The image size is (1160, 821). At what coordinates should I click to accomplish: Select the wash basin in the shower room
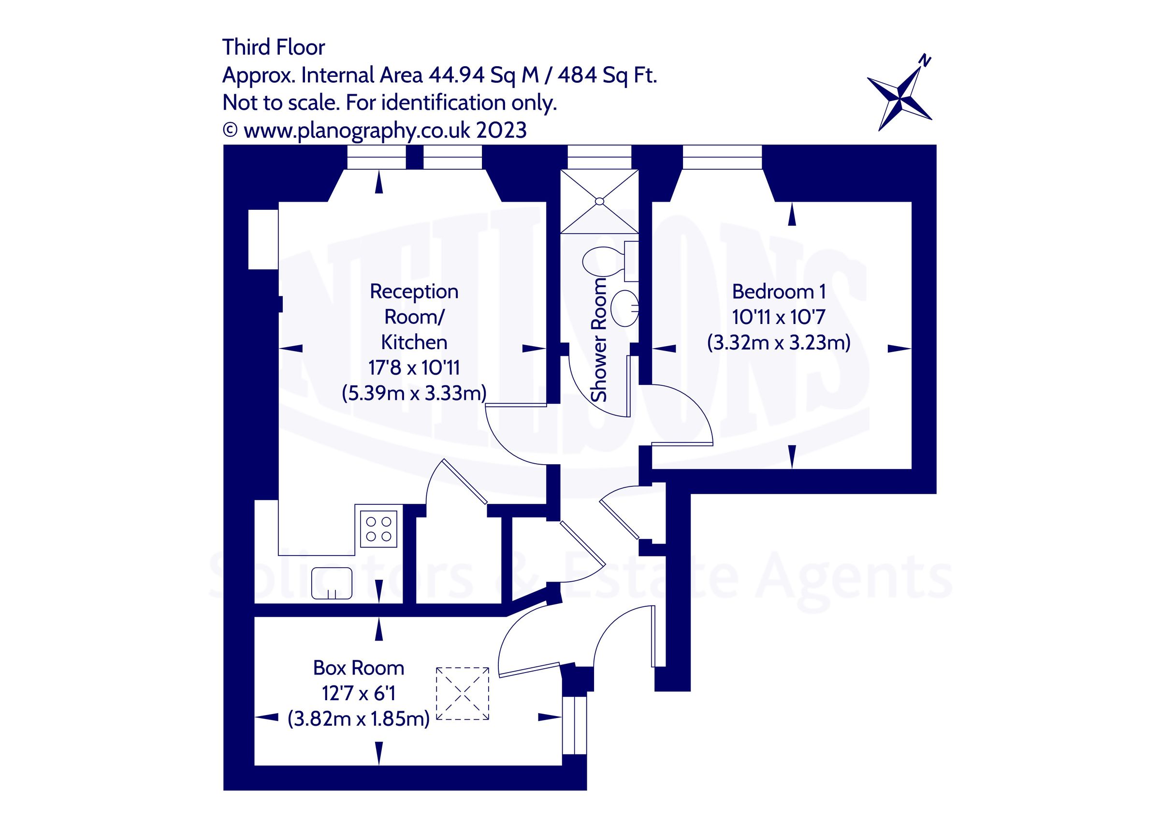tap(624, 308)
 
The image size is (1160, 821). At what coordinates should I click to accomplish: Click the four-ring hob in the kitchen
tap(378, 529)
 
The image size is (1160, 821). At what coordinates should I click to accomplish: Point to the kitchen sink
tap(332, 583)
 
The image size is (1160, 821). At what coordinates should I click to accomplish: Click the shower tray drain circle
tap(599, 201)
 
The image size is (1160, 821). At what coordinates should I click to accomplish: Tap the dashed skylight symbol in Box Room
tap(462, 693)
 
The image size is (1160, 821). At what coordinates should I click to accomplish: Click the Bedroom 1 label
tap(779, 292)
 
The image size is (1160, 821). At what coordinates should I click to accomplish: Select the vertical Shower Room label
tap(599, 340)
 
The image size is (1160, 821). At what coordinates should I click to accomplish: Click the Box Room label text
tap(359, 668)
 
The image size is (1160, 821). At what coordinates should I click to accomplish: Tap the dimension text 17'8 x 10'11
tap(414, 367)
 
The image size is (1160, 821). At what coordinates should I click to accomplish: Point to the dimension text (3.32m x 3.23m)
tap(779, 343)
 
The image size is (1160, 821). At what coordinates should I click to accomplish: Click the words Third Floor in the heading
tap(274, 47)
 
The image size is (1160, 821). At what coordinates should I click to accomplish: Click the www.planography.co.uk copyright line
tap(375, 131)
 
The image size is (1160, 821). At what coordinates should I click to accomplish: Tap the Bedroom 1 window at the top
tap(722, 157)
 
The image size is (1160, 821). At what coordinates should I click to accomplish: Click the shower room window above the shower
tap(599, 157)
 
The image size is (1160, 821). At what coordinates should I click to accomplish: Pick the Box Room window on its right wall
tap(575, 725)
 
